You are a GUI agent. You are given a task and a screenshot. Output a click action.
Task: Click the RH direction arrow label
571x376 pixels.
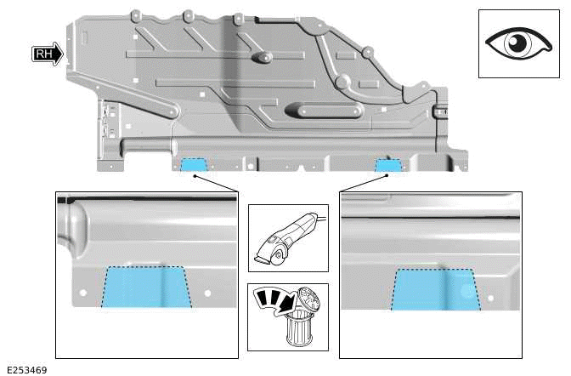click(48, 54)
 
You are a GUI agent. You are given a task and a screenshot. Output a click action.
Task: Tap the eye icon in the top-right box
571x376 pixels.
click(517, 43)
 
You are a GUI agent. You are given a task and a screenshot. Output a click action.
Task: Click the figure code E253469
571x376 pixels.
click(26, 369)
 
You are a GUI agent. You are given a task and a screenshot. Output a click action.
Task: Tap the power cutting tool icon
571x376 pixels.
click(287, 238)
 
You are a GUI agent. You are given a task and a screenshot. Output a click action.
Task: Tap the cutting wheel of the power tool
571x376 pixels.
click(267, 253)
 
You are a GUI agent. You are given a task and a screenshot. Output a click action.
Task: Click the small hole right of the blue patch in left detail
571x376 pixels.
click(207, 293)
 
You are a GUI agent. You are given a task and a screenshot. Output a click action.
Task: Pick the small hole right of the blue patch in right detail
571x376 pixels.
click(489, 298)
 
